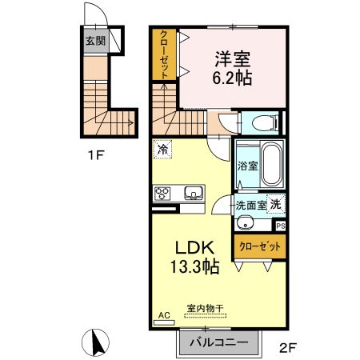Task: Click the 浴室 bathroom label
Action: point(246,166)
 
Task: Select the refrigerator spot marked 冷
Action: point(163,149)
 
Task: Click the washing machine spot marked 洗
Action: point(275,204)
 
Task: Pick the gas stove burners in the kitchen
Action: point(164,193)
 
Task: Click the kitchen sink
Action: point(194,193)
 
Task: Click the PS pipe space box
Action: point(279,226)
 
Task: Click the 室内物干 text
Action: point(205,308)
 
